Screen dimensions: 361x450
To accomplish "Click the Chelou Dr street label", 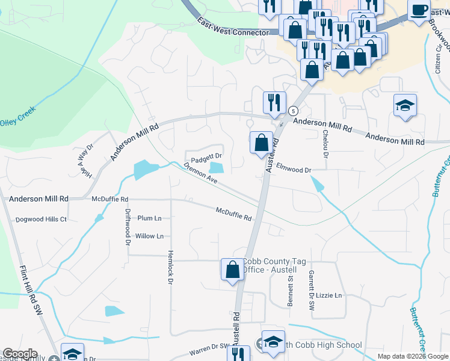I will click(x=325, y=144).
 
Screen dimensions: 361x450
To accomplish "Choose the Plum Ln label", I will click(x=150, y=218).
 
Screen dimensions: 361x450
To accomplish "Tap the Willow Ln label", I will click(x=149, y=236).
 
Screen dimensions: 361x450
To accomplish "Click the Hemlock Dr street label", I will click(x=171, y=267).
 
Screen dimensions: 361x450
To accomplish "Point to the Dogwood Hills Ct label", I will click(x=41, y=220).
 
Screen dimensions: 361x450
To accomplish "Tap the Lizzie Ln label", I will click(x=328, y=295).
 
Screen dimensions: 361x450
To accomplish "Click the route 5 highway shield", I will click(x=292, y=111).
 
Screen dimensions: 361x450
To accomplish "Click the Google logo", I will click(x=20, y=354).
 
